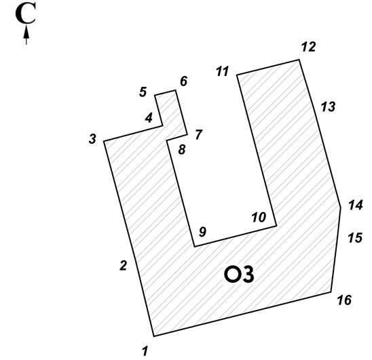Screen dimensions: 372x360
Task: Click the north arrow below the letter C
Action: point(26,35)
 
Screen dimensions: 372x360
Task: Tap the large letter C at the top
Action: point(26,13)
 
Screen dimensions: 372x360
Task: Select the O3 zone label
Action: point(239,274)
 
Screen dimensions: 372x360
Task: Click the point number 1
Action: point(145,351)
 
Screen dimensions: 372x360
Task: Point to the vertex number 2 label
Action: point(124,266)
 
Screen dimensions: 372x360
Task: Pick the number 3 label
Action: point(92,139)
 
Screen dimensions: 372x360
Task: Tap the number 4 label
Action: point(149,118)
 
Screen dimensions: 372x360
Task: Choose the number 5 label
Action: point(143,92)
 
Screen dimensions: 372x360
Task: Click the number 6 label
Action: point(184,81)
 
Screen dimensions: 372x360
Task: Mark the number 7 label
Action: point(199,135)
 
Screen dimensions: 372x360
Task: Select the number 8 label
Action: point(182,150)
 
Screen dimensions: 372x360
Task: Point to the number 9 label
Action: point(202,232)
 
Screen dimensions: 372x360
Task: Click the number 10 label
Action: point(259,217)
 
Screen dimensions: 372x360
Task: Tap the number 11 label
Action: point(223,71)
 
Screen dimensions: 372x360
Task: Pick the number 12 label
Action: point(309,47)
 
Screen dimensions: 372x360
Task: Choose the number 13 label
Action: point(328,106)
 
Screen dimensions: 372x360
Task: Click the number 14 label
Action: point(356,205)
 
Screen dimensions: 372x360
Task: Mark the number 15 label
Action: point(355,238)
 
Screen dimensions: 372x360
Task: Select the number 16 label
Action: point(344,300)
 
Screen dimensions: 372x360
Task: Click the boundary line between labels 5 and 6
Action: point(165,93)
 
